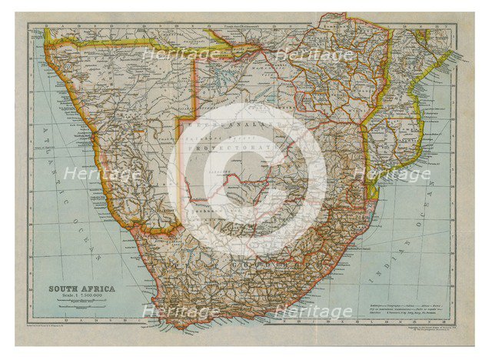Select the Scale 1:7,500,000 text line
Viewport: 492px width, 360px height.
[x=80, y=297]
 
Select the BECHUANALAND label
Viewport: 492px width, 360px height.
[x=231, y=123]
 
